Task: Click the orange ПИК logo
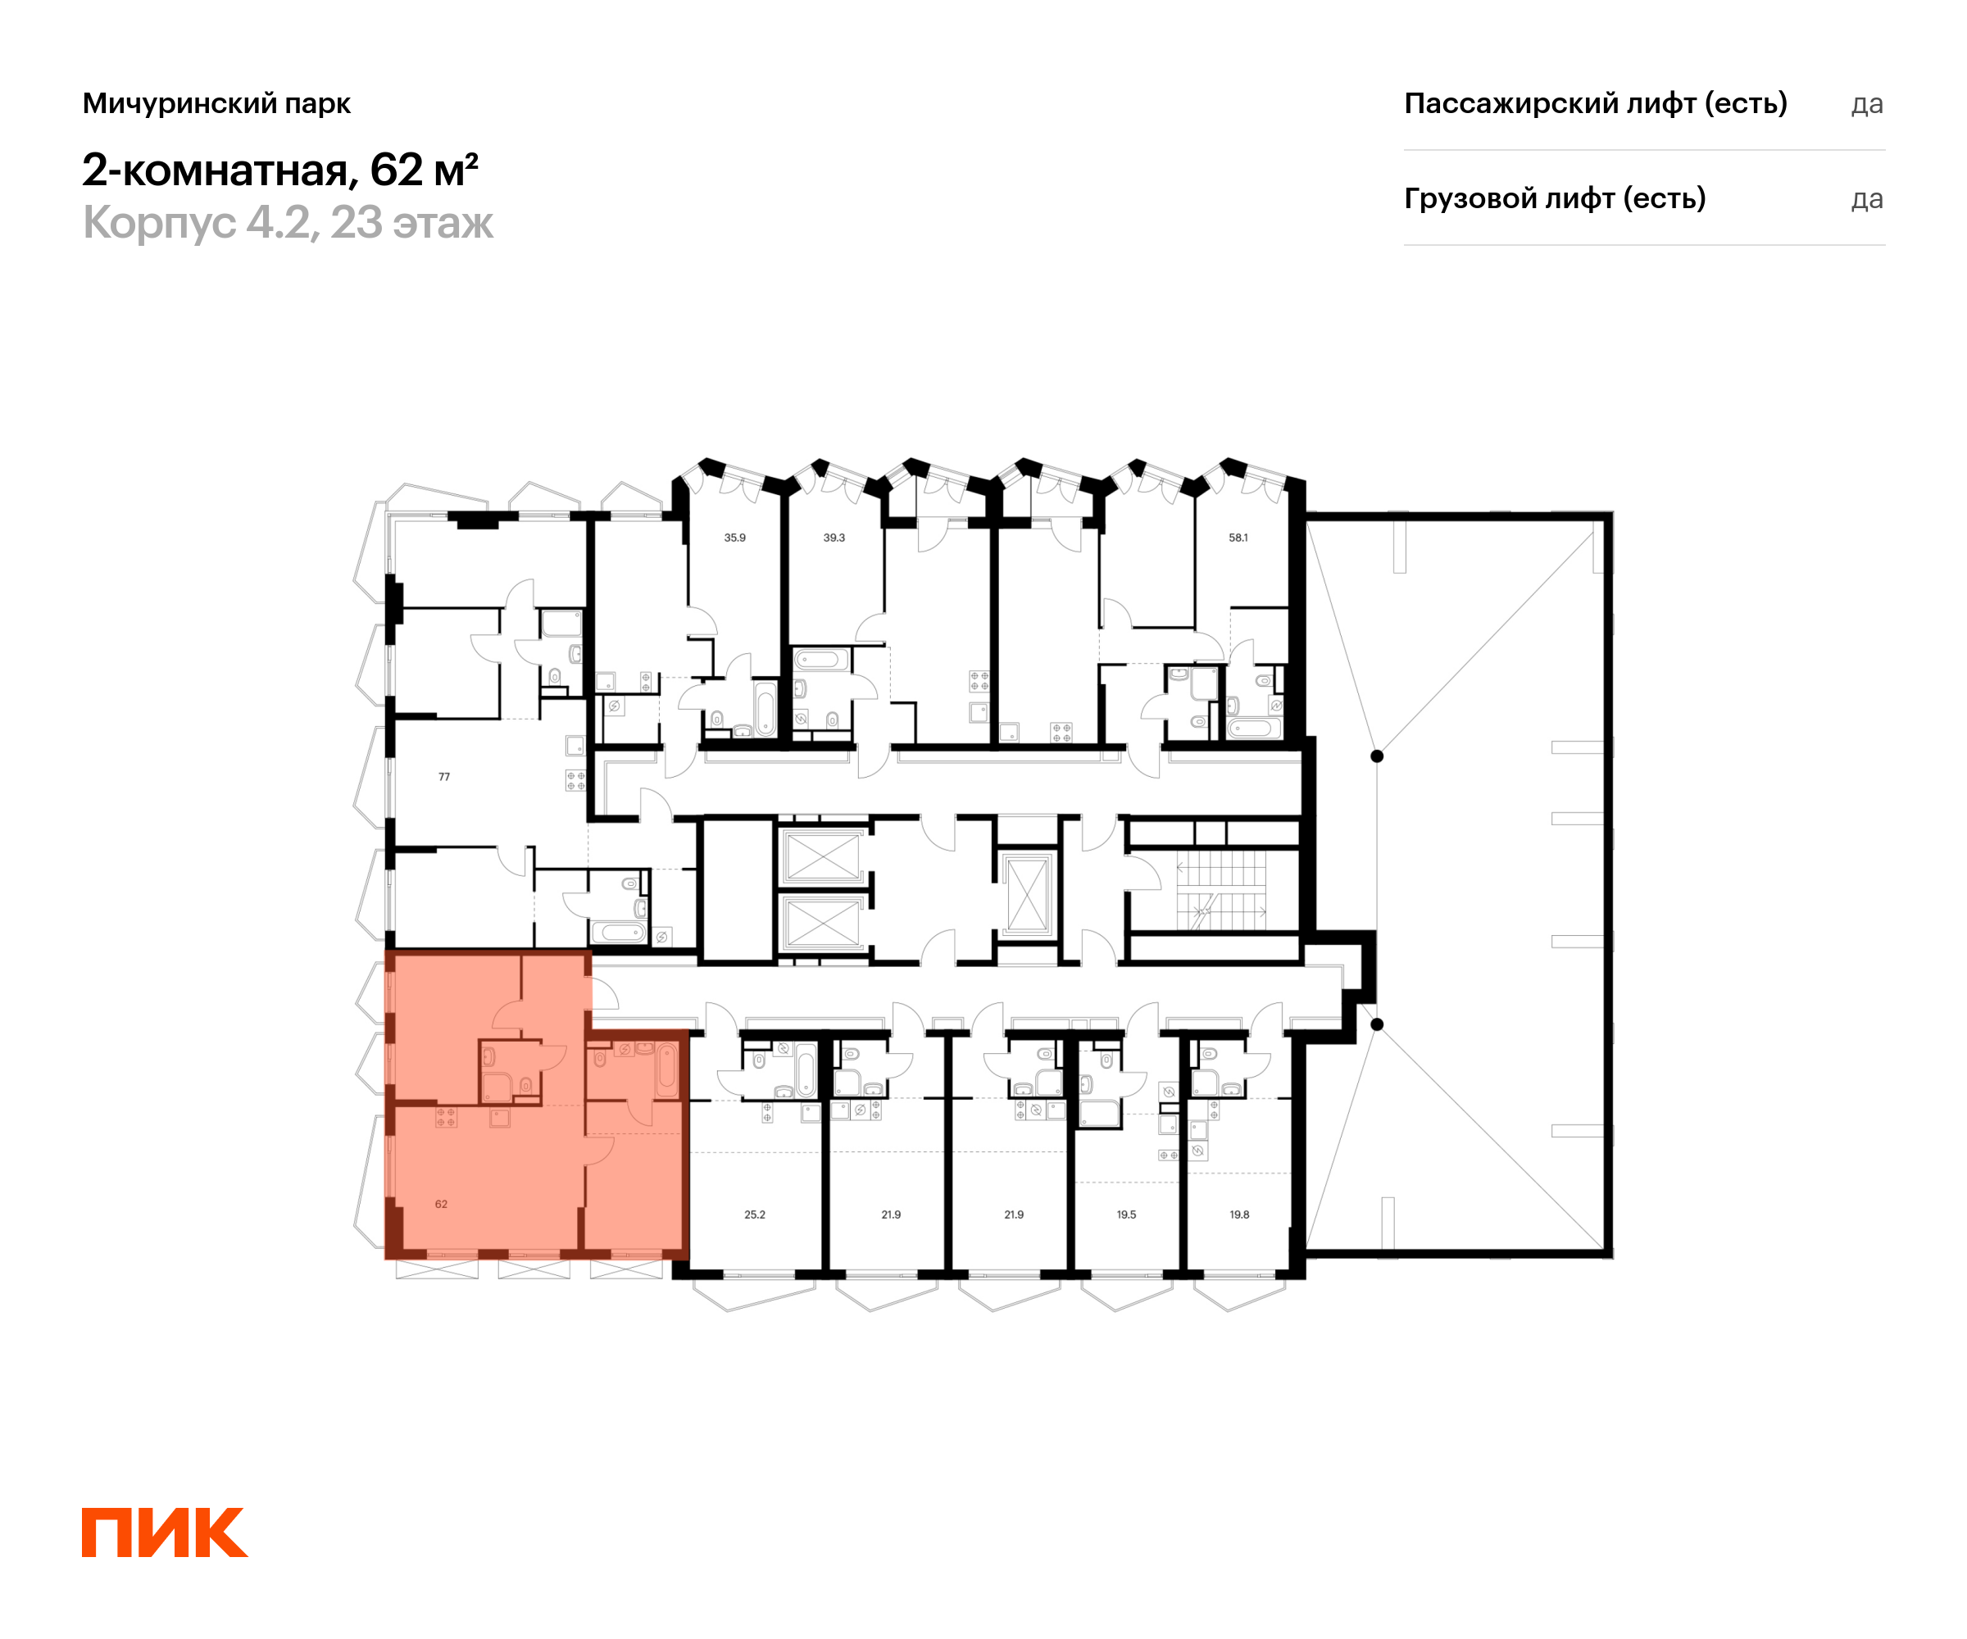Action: pyautogui.click(x=164, y=1532)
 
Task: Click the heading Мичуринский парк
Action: pyautogui.click(x=216, y=103)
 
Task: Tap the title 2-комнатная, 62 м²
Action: pyautogui.click(x=280, y=170)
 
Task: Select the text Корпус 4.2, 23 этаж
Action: pyautogui.click(x=288, y=223)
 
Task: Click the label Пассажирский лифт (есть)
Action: pyautogui.click(x=1595, y=103)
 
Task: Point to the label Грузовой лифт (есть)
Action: pyautogui.click(x=1554, y=198)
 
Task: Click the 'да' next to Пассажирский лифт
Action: pyautogui.click(x=1867, y=104)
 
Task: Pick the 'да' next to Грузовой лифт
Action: pyautogui.click(x=1867, y=199)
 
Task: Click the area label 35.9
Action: pyautogui.click(x=734, y=538)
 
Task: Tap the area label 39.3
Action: pyautogui.click(x=834, y=538)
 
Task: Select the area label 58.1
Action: pyautogui.click(x=1238, y=538)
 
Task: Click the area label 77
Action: pyautogui.click(x=444, y=776)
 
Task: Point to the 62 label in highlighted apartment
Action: pyautogui.click(x=441, y=1205)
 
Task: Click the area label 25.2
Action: pyautogui.click(x=754, y=1214)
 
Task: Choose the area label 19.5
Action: pyautogui.click(x=1126, y=1214)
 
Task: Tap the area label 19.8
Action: pyautogui.click(x=1239, y=1214)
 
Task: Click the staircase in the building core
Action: pyautogui.click(x=1220, y=890)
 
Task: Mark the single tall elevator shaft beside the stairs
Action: pyautogui.click(x=1027, y=893)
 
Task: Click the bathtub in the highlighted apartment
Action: pyautogui.click(x=666, y=1069)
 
